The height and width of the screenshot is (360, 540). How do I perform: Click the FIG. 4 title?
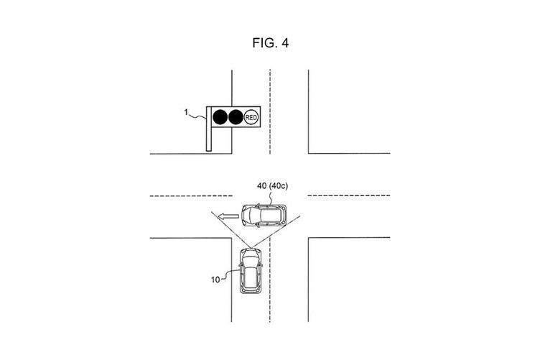270,42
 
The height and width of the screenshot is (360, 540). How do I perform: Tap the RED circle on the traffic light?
251,117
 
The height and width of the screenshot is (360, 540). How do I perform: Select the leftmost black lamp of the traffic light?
220,117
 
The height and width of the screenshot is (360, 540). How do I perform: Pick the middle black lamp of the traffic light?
236,117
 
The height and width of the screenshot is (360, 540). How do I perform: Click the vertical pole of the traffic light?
208,129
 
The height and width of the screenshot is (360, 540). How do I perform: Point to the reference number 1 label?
186,112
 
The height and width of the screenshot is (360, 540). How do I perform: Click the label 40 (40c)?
272,186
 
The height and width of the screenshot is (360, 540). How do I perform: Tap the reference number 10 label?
215,280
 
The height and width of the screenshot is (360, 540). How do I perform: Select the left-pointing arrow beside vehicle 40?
229,216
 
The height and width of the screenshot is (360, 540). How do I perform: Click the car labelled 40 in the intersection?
264,216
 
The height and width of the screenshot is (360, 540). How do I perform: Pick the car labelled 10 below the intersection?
251,270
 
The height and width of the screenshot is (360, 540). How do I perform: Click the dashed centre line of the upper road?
270,112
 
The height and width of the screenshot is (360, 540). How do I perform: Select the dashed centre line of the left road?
191,196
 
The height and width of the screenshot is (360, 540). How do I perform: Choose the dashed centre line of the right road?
348,195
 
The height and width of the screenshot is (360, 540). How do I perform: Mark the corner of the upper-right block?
309,153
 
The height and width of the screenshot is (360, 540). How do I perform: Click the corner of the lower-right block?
309,238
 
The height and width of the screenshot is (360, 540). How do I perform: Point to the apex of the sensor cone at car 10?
251,248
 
